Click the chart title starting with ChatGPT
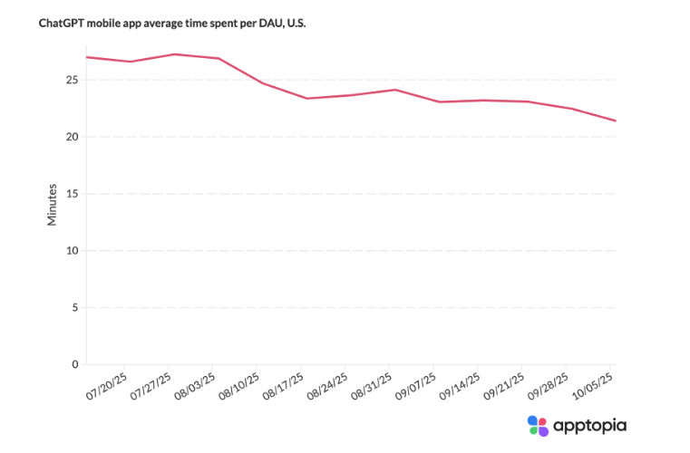(x=172, y=24)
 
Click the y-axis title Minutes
(x=53, y=206)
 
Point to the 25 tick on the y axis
(x=72, y=81)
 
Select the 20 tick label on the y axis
(x=72, y=137)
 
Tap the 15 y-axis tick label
(x=72, y=194)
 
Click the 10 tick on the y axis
(x=72, y=251)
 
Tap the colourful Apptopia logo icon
(x=538, y=425)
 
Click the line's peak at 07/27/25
(x=174, y=54)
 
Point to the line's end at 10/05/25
(x=616, y=120)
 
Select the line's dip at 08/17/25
(x=306, y=98)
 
